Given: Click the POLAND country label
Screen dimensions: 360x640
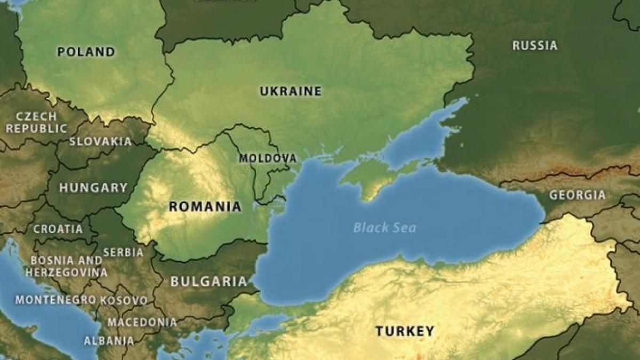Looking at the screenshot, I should point(86,52).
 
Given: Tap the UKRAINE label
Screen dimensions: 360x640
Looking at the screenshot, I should point(291,91).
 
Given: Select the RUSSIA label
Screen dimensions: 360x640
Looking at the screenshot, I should point(535,46).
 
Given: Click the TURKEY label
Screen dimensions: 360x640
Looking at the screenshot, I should point(405,331).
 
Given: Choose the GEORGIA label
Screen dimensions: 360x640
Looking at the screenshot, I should point(578,195).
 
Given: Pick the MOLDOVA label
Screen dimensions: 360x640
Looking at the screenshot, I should point(267,158).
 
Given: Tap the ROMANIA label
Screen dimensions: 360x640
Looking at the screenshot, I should point(205,206).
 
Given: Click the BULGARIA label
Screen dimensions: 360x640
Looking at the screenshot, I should point(209,282).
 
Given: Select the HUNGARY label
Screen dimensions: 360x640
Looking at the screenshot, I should point(93,188).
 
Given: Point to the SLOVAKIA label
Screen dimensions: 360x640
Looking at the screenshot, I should point(100,141).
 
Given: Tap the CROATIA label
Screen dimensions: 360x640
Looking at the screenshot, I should point(58,229).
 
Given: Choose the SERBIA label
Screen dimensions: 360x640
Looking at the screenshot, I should point(123,252).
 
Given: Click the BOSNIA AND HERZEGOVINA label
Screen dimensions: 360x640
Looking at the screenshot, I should point(66,266).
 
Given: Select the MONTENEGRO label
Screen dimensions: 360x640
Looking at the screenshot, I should point(55,300).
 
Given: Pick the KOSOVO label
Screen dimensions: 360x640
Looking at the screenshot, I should point(124,300).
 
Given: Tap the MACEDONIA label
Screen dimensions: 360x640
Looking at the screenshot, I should point(142,322).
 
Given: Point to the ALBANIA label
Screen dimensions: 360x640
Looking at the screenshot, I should point(109,340).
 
